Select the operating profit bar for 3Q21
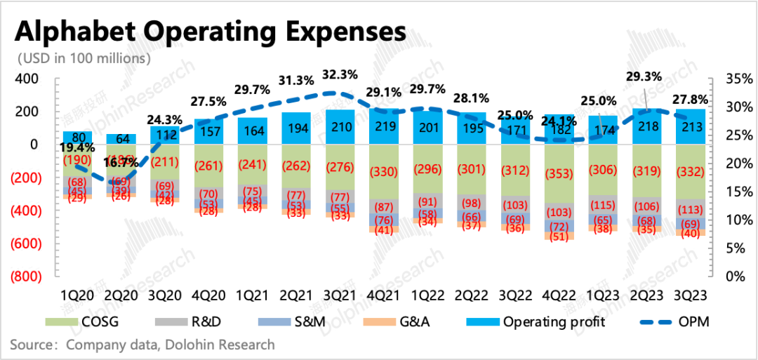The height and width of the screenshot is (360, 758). coord(339,128)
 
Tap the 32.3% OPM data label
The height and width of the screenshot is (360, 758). coord(339,74)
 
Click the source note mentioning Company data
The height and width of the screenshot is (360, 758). coord(142,345)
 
